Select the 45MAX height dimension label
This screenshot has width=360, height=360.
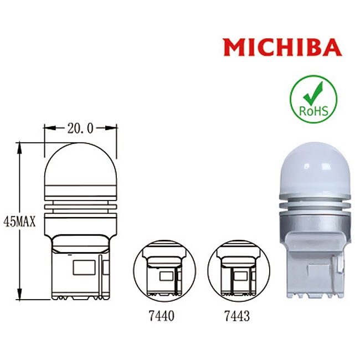pyautogui.click(x=22, y=222)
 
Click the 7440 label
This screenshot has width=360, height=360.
pyautogui.click(x=162, y=316)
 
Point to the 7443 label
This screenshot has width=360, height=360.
pyautogui.click(x=236, y=316)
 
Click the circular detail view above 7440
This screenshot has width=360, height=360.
pyautogui.click(x=162, y=273)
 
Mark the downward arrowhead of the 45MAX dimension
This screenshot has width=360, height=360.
pyautogui.click(x=19, y=297)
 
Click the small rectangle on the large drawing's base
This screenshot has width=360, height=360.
pyautogui.click(x=84, y=266)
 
